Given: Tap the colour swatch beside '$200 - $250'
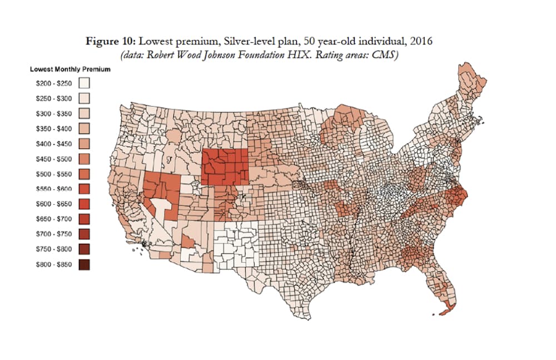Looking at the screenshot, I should (84, 83).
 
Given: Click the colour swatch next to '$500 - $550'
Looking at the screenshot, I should (84, 174).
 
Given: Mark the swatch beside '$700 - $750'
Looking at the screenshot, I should (84, 234).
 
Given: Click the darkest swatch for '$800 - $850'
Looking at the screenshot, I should (84, 265).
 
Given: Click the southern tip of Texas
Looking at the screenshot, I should (304, 318).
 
